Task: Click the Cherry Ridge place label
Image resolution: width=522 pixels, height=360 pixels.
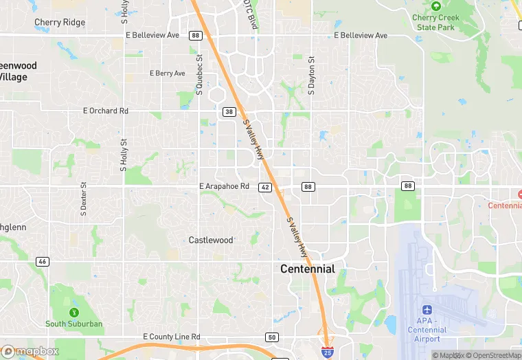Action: (x=60, y=22)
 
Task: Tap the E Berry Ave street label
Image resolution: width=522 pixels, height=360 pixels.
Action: (x=168, y=74)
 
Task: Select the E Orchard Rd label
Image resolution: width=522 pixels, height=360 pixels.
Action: (x=106, y=111)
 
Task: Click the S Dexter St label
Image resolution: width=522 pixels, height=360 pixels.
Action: (x=84, y=199)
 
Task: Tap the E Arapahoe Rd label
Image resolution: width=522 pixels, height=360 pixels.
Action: (x=224, y=186)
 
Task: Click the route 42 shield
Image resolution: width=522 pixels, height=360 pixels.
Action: (x=266, y=187)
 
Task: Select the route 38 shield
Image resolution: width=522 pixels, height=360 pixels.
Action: (x=229, y=111)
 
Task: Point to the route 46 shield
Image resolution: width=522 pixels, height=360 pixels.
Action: (x=43, y=262)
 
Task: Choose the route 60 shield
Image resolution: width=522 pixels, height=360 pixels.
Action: (x=273, y=337)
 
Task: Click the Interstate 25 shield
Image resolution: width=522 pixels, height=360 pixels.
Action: (x=328, y=351)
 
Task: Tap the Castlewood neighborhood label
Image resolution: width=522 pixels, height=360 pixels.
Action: (x=211, y=240)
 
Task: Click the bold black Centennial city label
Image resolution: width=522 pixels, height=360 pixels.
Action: (x=308, y=269)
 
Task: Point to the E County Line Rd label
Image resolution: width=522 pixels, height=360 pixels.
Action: (x=171, y=337)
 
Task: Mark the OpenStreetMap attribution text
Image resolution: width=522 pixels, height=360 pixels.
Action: (x=493, y=355)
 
